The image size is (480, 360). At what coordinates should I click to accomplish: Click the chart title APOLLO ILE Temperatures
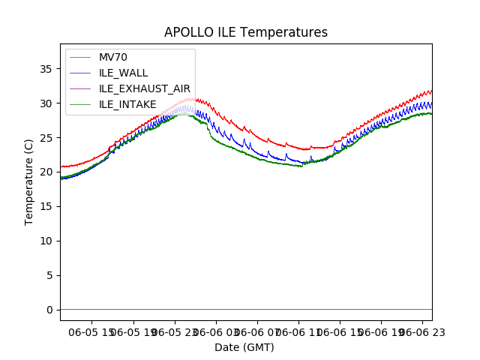coord(246,32)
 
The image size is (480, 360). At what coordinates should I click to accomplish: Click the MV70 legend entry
coord(114,58)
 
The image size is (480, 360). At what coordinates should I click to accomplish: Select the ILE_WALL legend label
coord(124,73)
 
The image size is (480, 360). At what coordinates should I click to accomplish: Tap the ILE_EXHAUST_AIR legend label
coord(145,88)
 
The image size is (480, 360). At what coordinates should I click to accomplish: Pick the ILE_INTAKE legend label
coord(128,104)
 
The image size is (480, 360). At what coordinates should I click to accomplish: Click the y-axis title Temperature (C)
coord(29,181)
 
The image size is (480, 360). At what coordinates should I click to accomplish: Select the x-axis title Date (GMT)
coord(244,347)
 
